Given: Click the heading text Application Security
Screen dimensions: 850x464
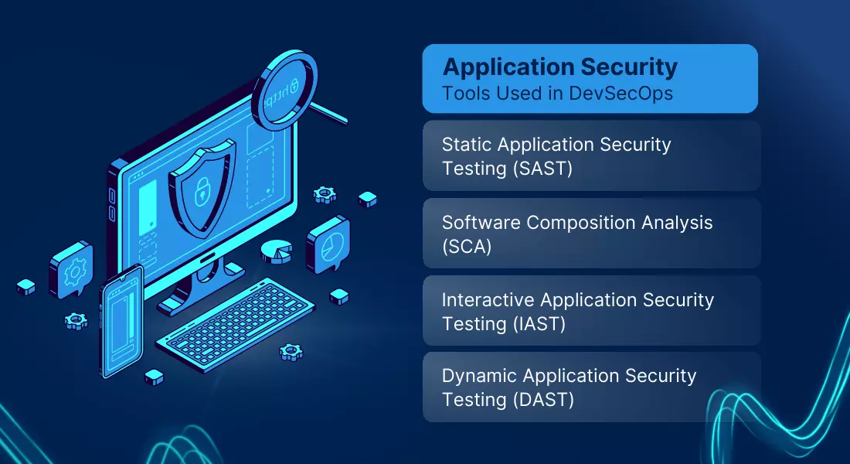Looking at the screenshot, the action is point(560,67).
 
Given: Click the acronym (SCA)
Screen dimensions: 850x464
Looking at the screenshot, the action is point(467,247).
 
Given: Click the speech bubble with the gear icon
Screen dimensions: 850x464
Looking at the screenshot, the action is point(71,270).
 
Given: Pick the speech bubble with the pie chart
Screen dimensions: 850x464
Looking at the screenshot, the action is point(328,244).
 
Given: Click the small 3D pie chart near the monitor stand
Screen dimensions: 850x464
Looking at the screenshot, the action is point(277,252).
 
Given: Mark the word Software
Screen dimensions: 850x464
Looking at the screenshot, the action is point(481,223).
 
